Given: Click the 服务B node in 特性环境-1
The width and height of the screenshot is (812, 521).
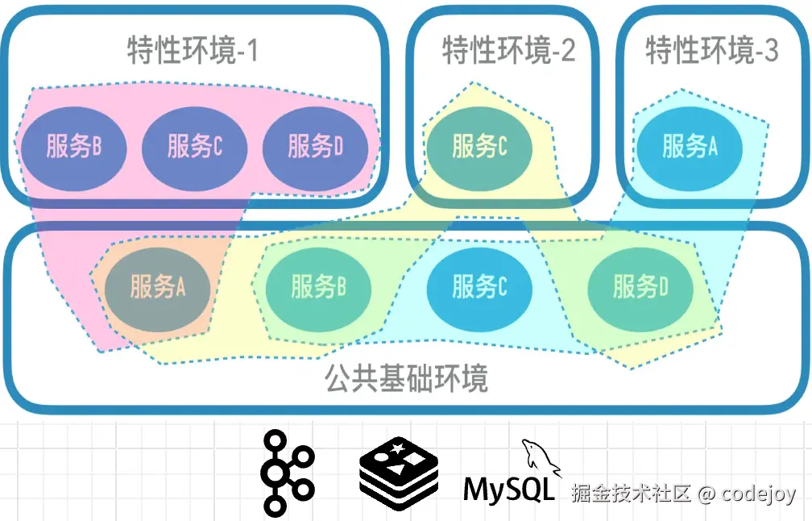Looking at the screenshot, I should point(73,147).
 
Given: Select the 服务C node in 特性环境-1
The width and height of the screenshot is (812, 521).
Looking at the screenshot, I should point(194,147).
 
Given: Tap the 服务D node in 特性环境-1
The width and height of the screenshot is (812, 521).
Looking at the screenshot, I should point(315,147).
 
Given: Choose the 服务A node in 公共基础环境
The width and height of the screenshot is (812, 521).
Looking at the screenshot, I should point(158,287).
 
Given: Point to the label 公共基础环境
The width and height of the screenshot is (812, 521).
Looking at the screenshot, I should point(407,377).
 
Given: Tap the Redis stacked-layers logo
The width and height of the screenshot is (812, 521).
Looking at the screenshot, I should point(399,477).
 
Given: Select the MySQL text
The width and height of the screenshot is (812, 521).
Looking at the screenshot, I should point(509,489).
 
